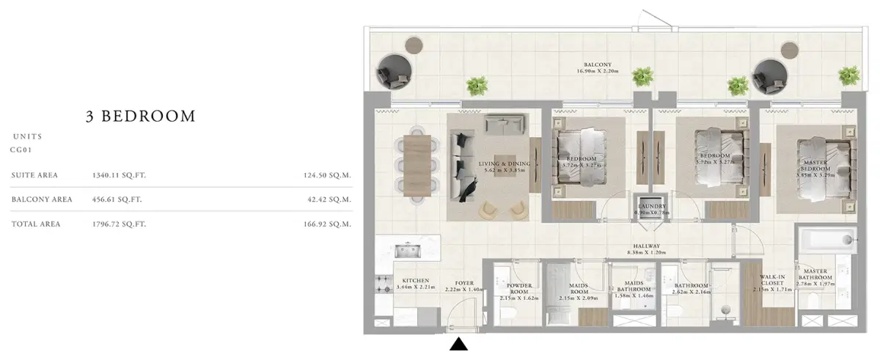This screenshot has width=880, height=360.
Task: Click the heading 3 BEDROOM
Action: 139,116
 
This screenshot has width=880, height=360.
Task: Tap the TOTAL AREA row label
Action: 36,224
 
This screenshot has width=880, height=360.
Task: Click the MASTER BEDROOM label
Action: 816,165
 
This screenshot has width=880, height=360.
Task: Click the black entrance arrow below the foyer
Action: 458,344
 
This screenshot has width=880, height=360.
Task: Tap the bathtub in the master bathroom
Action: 826,240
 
